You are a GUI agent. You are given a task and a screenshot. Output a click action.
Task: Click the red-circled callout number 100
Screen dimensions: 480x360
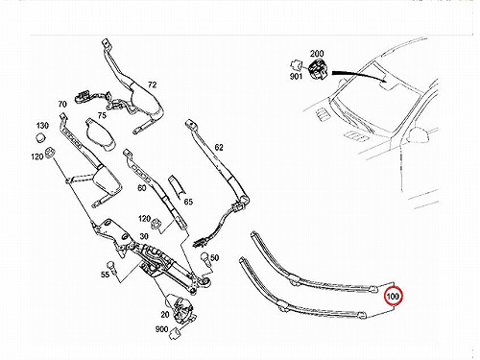tap(393, 297)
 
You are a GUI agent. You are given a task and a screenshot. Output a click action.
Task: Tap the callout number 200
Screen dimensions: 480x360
tap(317, 54)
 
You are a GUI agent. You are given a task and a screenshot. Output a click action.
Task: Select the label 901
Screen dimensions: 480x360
tap(296, 76)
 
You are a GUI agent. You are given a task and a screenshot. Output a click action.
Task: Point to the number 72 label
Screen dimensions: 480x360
tap(153, 84)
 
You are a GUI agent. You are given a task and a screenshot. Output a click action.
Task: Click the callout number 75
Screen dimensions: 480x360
tap(102, 115)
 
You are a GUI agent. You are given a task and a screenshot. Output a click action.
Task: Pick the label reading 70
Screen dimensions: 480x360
tap(62, 105)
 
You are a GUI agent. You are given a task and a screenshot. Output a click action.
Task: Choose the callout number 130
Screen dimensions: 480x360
tap(42, 126)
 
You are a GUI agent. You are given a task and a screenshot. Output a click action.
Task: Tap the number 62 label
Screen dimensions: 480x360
tap(219, 148)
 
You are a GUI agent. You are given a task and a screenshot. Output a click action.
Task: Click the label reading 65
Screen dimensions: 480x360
tap(188, 202)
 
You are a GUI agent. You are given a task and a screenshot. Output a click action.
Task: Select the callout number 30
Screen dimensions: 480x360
tap(144, 236)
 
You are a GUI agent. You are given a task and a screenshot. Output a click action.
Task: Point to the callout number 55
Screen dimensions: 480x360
tap(105, 275)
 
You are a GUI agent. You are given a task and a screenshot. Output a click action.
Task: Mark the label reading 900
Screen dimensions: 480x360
tap(161, 329)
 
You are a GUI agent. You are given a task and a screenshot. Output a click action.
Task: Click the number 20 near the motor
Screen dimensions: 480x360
tap(165, 315)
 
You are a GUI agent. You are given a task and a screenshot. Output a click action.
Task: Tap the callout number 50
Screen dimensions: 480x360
tap(215, 257)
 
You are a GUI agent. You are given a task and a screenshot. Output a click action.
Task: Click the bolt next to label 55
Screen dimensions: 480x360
tap(111, 266)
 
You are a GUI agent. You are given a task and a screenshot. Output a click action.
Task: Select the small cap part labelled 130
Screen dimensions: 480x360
tap(40, 138)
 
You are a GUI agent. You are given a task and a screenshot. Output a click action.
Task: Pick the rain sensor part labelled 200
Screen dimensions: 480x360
tap(317, 69)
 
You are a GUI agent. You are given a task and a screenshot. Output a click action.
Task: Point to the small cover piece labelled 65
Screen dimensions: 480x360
tap(177, 185)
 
